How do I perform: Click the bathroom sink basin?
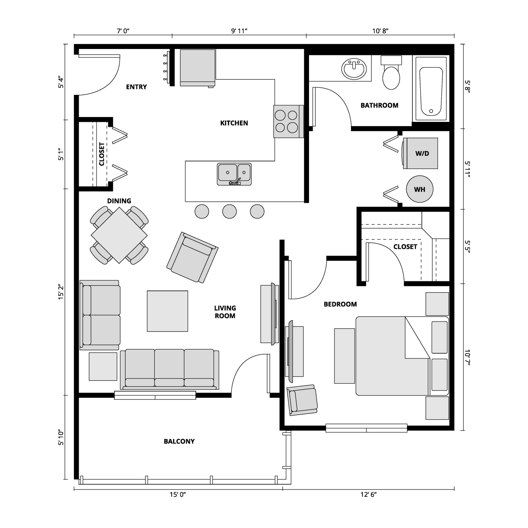point(354,69)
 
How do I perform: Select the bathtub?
point(431,89)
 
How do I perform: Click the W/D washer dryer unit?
point(421,153)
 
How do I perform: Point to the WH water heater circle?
point(420,189)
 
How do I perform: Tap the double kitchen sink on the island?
point(234,174)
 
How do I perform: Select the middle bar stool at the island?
point(229,211)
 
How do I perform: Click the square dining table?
point(119,235)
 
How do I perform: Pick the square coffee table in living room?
point(167,311)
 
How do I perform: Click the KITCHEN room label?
point(234,123)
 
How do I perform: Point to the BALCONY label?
point(179,441)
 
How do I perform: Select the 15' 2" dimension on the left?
point(61,292)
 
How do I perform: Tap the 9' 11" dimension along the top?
point(239,31)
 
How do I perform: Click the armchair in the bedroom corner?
point(302,400)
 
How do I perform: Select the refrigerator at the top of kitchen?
point(197,67)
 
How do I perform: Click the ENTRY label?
point(136,87)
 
